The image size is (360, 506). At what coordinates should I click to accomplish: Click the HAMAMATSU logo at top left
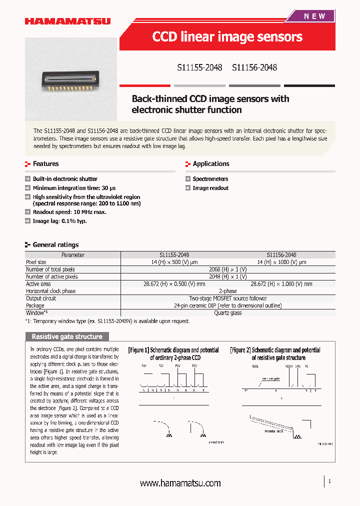[67, 21]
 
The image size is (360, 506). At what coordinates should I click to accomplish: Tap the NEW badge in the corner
[314, 16]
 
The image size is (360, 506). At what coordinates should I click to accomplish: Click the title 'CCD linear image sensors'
[227, 37]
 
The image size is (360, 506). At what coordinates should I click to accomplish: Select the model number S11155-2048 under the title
[199, 67]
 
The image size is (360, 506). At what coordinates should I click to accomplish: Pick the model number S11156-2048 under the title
[254, 67]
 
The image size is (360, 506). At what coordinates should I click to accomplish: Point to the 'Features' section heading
[45, 164]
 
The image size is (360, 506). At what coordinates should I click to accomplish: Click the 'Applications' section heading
[210, 164]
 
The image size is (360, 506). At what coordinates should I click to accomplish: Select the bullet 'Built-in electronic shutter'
[65, 179]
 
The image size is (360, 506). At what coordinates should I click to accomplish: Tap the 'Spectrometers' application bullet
[210, 179]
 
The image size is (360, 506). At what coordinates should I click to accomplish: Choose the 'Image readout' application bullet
[210, 188]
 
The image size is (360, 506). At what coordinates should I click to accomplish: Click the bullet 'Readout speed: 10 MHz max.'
[69, 212]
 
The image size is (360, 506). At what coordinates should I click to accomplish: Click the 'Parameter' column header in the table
[73, 255]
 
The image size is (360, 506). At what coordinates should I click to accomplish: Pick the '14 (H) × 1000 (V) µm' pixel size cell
[281, 262]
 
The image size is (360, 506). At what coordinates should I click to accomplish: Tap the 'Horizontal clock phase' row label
[51, 291]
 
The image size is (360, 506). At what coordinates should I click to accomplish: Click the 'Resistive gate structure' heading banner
[67, 336]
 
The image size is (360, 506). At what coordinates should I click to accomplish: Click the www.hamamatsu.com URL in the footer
[180, 483]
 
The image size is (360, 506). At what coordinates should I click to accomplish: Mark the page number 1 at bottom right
[329, 481]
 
